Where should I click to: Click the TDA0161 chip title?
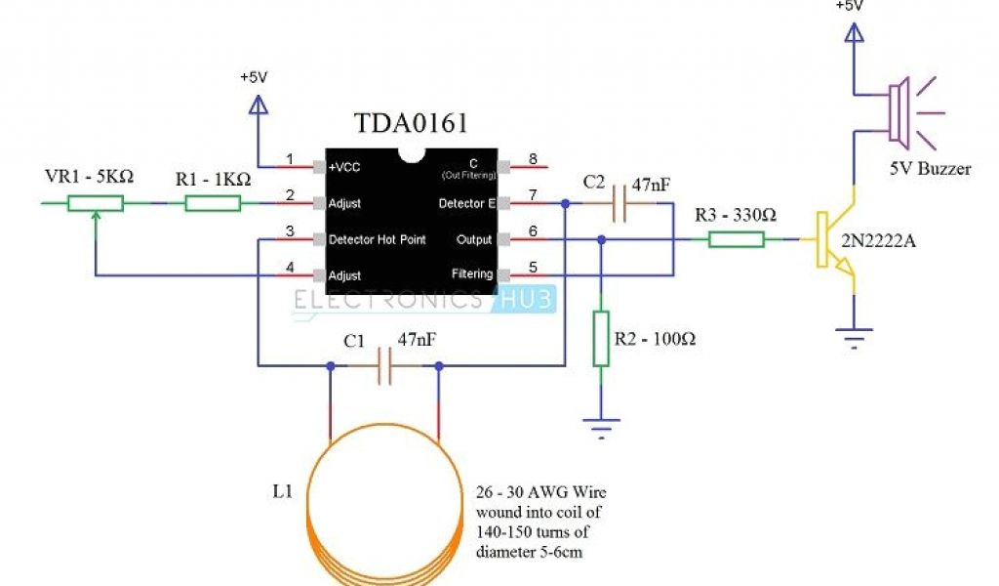(x=410, y=124)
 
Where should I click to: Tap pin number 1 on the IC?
(x=289, y=159)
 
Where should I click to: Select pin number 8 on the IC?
(x=533, y=159)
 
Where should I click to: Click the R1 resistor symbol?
(x=213, y=203)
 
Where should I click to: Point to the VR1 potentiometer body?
(x=95, y=203)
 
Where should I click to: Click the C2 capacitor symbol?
(x=618, y=203)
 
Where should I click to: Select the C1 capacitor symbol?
(x=383, y=366)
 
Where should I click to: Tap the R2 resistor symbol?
(x=601, y=339)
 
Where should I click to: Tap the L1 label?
(x=282, y=491)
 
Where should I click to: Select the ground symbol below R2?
(x=601, y=423)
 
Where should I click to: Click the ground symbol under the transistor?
(x=854, y=342)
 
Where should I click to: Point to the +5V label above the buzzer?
(x=852, y=6)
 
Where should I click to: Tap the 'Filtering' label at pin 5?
(x=472, y=274)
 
